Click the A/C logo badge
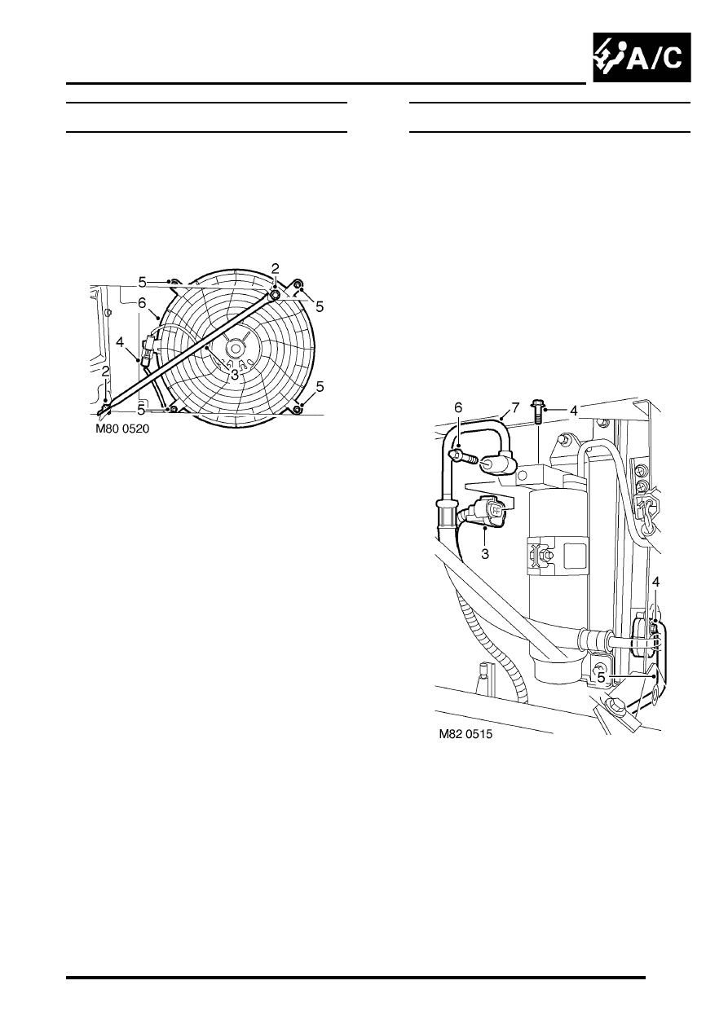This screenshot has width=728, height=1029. pos(642,57)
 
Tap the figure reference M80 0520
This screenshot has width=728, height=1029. pos(122,429)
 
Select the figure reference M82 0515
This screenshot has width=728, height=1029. pos(465,734)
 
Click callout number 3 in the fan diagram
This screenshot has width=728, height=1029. pos(235,375)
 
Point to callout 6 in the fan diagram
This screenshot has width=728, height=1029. pos(142,303)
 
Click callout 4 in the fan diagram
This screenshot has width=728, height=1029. pos(120,342)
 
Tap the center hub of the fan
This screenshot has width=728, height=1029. pos(235,348)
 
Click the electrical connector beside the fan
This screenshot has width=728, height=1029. pos(149,349)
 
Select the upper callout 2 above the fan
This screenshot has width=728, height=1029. pos(276,268)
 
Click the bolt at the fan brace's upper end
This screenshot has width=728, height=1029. pos(276,295)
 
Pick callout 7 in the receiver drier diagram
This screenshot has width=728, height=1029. pos(514,407)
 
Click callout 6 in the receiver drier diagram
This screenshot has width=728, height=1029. pos(458,407)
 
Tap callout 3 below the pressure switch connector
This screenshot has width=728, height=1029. pos(485,554)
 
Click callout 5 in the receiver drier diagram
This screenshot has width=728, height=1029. pos(601,678)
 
